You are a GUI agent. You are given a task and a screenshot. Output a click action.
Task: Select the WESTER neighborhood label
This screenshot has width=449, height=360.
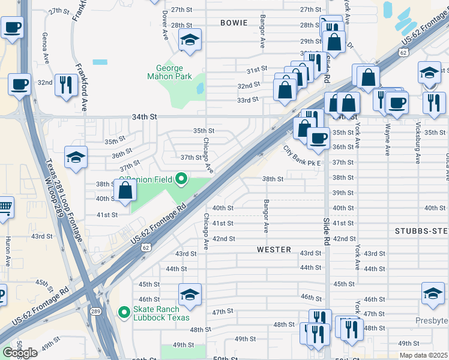(274, 249)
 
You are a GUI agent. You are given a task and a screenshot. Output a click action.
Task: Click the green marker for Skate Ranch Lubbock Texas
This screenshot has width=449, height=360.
(124, 312)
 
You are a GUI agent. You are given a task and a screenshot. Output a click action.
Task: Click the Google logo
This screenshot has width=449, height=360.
(20, 353)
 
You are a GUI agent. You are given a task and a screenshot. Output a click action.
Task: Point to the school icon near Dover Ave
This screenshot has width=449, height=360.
(190, 40)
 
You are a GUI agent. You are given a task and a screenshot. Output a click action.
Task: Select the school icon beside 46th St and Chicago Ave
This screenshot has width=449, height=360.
(190, 294)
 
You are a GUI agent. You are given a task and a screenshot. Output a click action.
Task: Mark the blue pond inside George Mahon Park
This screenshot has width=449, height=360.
(200, 88)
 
